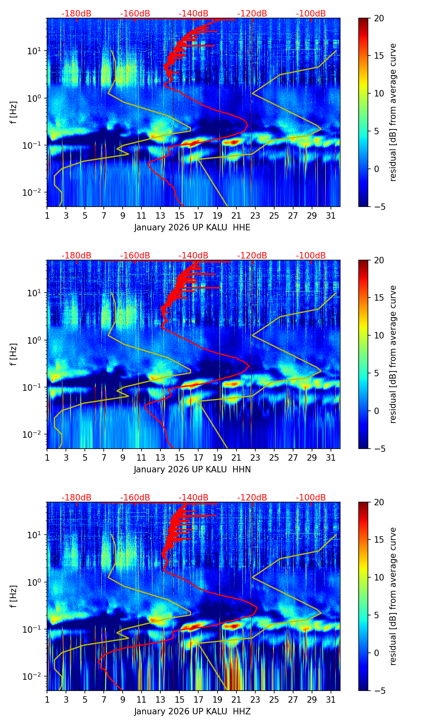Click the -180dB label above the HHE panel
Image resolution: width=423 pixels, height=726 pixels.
point(76,14)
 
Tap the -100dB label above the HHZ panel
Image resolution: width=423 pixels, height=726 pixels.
point(311,498)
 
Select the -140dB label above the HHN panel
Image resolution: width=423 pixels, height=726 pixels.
point(193,256)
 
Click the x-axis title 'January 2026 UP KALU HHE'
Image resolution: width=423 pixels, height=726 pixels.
point(192,228)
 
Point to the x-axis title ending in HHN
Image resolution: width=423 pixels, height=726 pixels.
point(192,470)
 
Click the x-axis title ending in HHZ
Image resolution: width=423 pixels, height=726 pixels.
point(192,712)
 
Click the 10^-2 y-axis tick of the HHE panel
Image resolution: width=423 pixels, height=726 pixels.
point(34,193)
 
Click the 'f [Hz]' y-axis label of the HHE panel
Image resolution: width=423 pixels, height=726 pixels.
point(14,113)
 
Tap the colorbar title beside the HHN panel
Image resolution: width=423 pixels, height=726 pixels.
point(393,354)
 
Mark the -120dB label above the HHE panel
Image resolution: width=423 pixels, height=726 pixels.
point(252,14)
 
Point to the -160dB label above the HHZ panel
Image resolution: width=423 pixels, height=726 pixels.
point(135,498)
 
